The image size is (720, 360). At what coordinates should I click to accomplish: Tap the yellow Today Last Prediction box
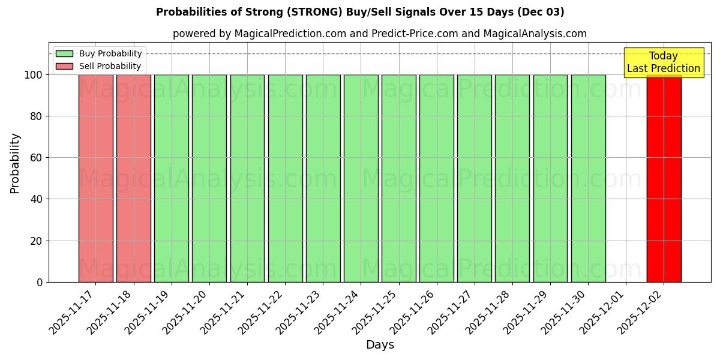coord(664,62)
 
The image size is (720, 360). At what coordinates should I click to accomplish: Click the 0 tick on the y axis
coord(40,282)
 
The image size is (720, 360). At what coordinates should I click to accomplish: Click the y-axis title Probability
coord(15,163)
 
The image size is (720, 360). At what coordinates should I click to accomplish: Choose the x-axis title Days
coord(380,345)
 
